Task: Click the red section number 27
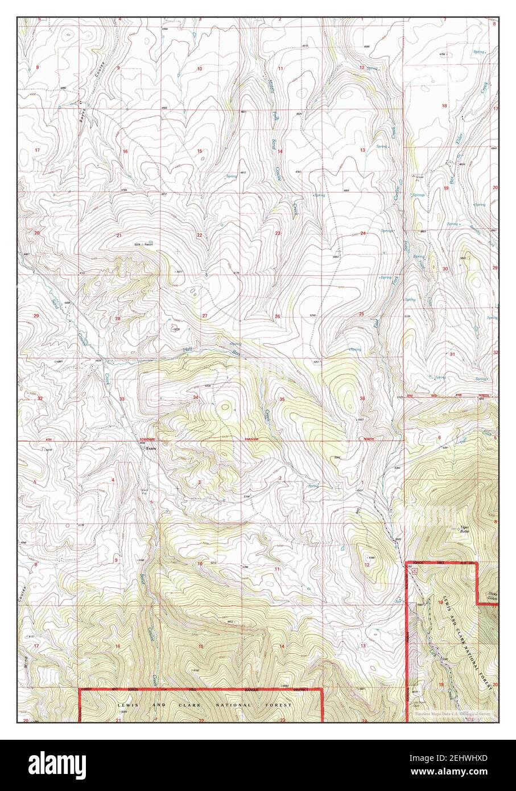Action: tap(204, 315)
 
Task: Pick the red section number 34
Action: tap(195, 397)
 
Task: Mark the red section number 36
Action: tap(362, 398)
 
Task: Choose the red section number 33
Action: tap(122, 399)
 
